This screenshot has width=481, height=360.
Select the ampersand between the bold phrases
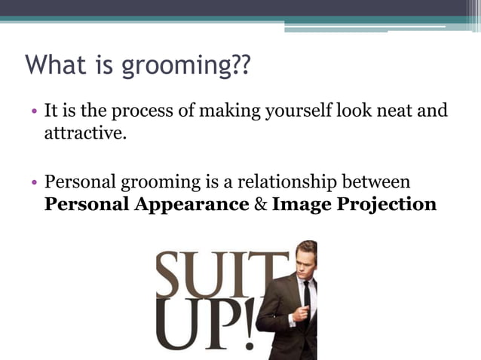[x=259, y=204]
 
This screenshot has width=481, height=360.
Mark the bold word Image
[x=301, y=204]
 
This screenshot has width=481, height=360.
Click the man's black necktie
[x=307, y=298]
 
